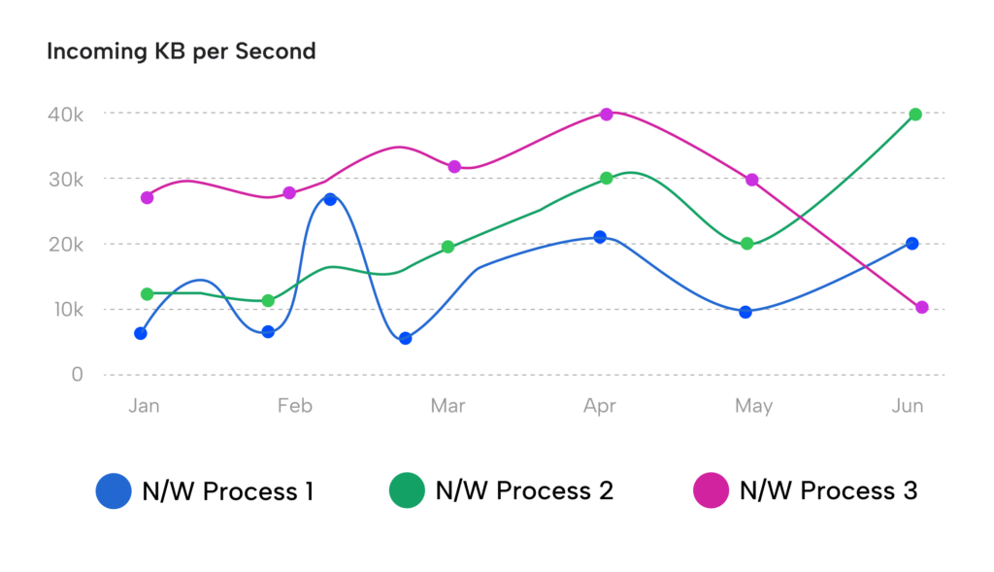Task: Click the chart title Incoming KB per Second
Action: point(182,51)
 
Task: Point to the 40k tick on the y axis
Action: point(65,115)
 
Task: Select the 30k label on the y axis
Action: point(65,180)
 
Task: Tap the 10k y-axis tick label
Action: point(65,310)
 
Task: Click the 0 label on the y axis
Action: point(77,375)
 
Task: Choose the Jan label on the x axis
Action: point(144,406)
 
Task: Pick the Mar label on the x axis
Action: point(447,406)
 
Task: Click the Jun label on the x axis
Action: point(908,406)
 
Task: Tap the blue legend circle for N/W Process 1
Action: point(114,490)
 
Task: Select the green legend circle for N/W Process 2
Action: point(407,490)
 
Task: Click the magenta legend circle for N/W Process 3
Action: point(711,490)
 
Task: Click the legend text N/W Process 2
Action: point(524,491)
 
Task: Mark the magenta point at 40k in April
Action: point(607,115)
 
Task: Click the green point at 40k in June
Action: point(915,115)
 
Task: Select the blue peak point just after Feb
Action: point(330,199)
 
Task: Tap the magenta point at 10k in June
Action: point(922,307)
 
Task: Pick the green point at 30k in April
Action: point(607,179)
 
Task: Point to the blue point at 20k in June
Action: point(912,244)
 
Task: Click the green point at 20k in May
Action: point(746,244)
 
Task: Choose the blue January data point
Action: point(141,333)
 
